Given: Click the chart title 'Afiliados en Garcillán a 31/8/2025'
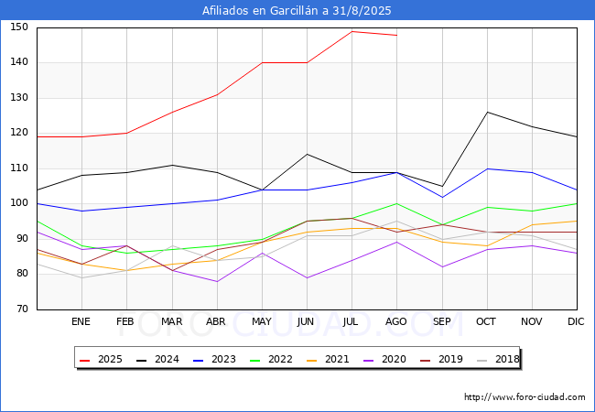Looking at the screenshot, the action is point(297,10).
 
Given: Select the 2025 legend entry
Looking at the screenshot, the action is point(101,359).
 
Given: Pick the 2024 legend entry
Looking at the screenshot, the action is point(157,359).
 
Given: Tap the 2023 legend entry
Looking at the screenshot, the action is point(214,359).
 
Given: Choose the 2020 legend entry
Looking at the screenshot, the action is point(384,359).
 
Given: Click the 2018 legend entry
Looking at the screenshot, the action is point(498,359).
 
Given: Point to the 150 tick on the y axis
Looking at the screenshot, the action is point(19,27).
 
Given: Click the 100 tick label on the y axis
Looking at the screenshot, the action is point(19,203).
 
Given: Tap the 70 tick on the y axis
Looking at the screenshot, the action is point(22,309).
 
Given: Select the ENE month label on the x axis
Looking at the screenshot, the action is point(81,321).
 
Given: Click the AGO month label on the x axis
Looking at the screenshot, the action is point(396,321).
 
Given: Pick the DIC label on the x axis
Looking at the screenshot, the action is point(576,321).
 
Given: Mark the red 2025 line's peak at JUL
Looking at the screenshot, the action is point(352,31).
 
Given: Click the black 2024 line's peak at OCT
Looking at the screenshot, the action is point(487,113).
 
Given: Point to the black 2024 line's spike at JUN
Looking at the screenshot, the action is point(307,155).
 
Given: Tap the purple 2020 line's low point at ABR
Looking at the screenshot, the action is point(217,281).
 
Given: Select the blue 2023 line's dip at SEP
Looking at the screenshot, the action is point(442,197).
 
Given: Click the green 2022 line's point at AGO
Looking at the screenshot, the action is point(397,204).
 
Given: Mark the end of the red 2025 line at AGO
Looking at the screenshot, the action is point(397,36).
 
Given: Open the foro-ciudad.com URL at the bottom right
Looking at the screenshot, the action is point(525,397).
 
